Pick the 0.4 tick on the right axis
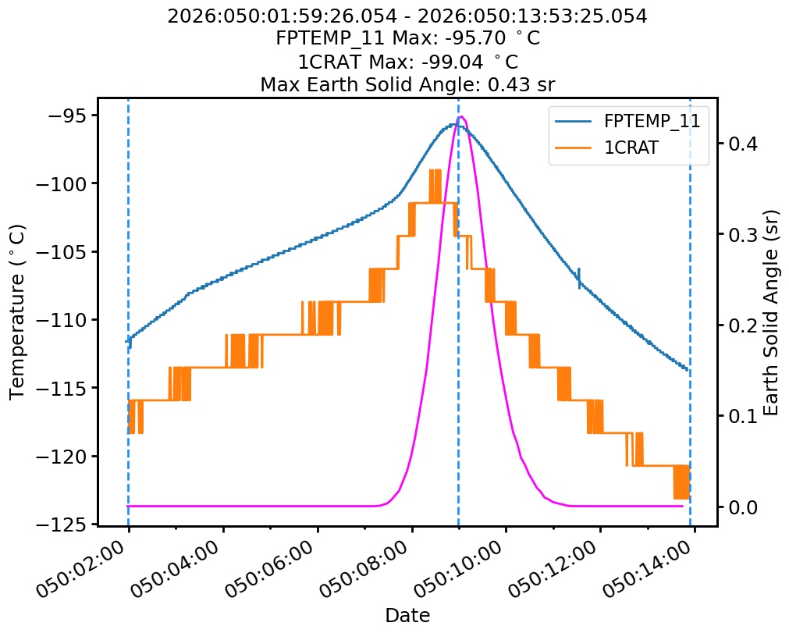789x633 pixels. (x=741, y=144)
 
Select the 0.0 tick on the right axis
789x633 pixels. (x=741, y=507)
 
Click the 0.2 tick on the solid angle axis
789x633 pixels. (x=741, y=325)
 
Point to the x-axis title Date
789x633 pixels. (x=407, y=615)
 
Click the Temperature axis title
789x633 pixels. (x=17, y=311)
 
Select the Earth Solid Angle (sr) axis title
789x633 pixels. (x=771, y=311)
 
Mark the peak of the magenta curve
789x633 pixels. (x=462, y=117)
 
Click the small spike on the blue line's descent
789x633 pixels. (x=579, y=277)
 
